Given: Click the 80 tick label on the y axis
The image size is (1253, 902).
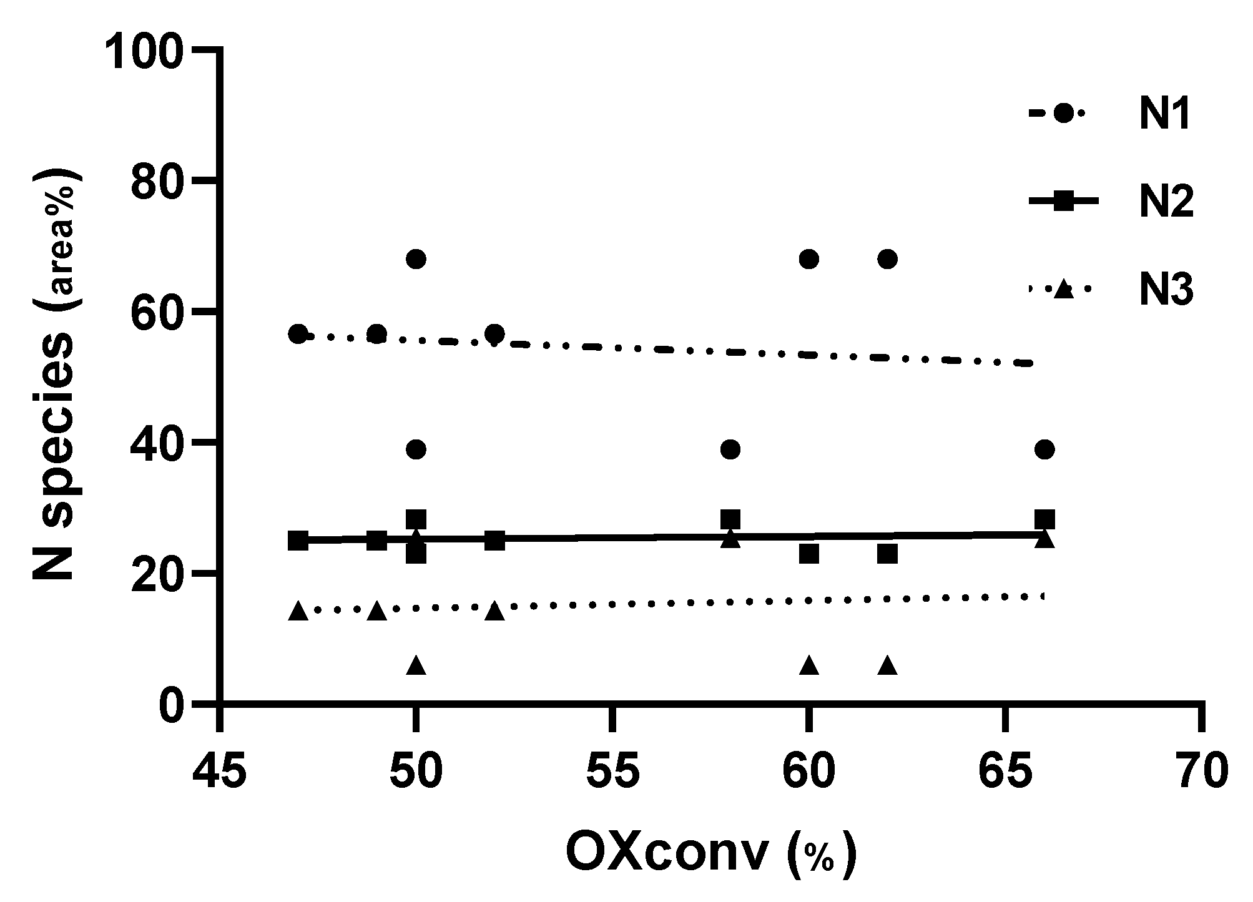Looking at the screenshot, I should tap(156, 180).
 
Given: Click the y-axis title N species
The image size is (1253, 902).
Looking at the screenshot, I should tap(55, 375).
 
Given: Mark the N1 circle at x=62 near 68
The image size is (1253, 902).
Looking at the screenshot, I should tap(887, 258).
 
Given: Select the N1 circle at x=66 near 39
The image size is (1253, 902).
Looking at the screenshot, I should tap(1044, 449).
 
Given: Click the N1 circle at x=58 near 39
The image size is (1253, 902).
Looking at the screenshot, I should tap(730, 449).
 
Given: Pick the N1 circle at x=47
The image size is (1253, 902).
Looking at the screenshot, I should tap(298, 334).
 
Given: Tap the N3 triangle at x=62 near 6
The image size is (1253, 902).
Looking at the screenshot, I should tap(887, 666).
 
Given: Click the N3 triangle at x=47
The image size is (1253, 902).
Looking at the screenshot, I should tap(298, 611).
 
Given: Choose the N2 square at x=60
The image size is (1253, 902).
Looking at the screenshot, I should tap(808, 553).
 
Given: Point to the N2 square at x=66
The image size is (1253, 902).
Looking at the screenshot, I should tap(1044, 519).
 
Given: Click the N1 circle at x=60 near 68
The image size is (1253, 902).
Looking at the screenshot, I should tap(808, 258).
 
